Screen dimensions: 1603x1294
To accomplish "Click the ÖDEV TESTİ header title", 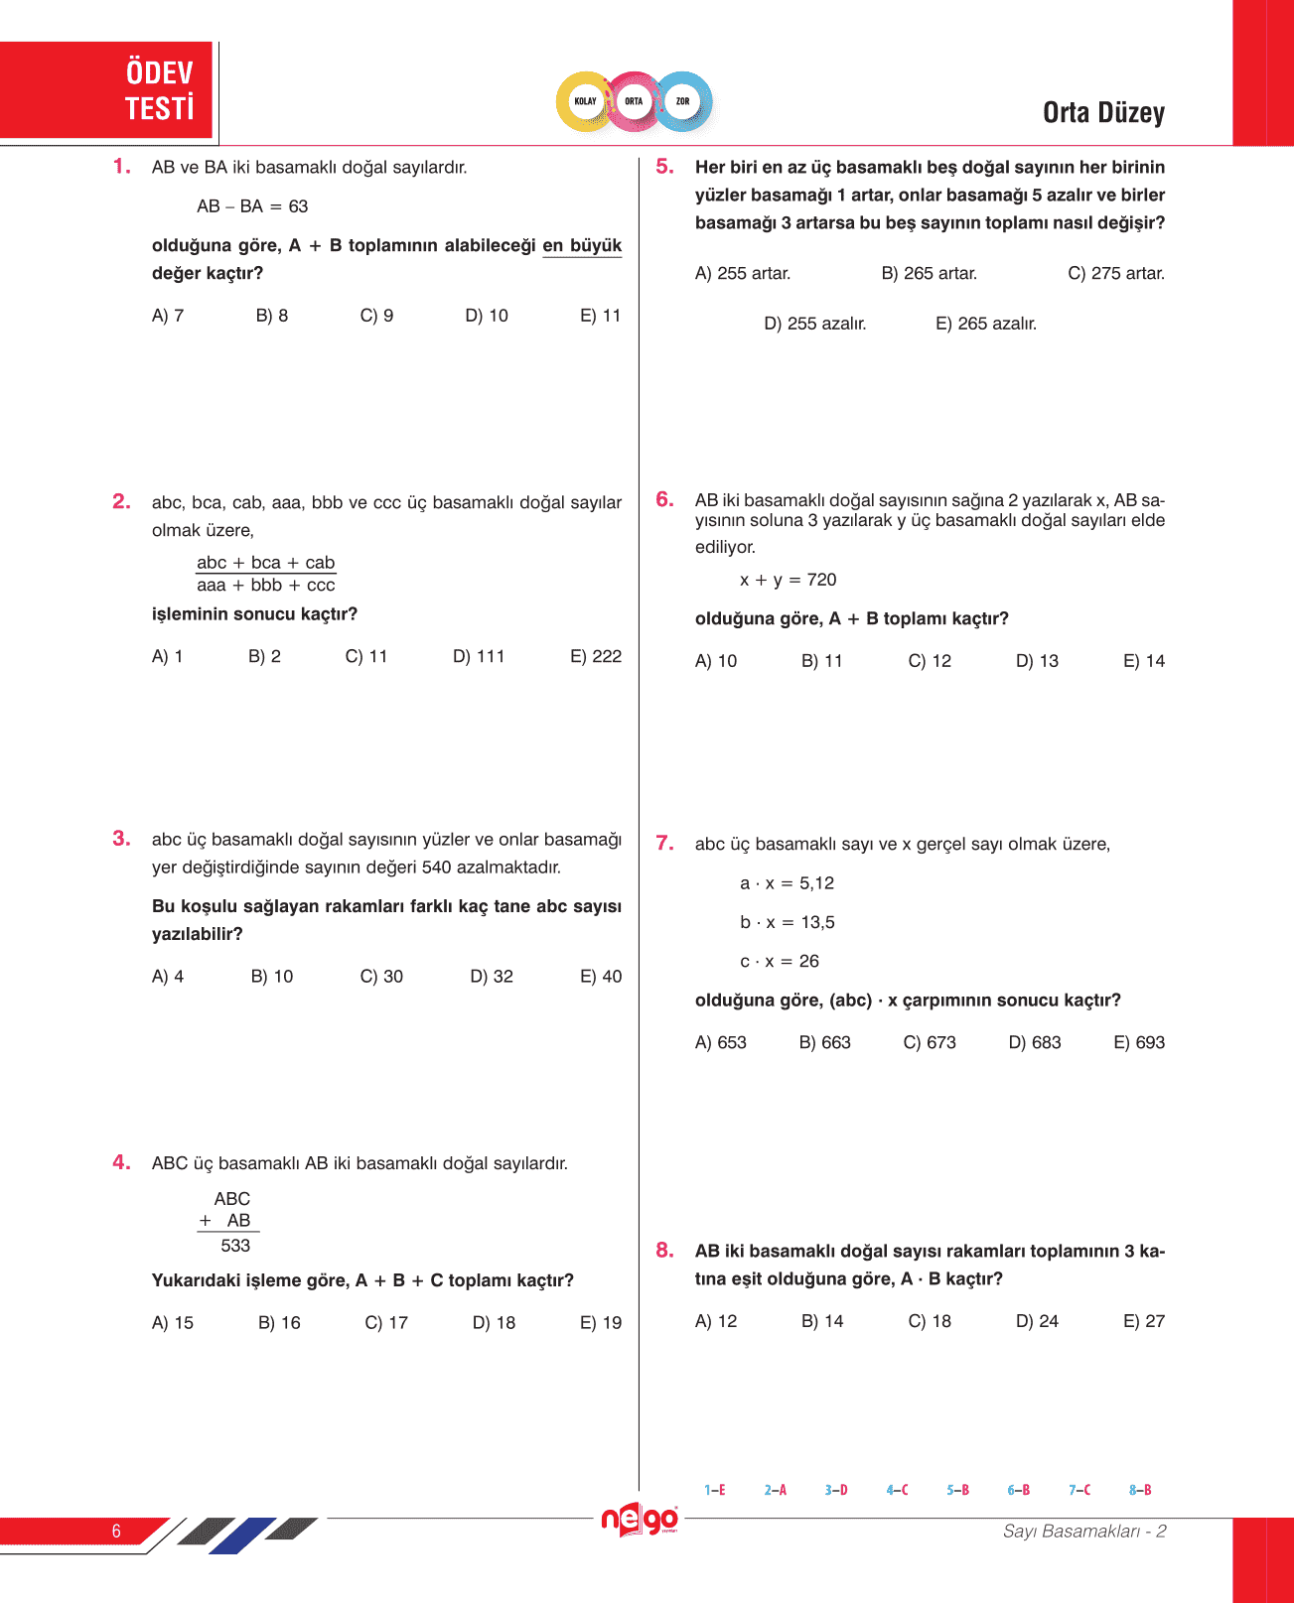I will point(159,90).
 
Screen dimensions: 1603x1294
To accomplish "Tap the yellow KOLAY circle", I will point(586,101).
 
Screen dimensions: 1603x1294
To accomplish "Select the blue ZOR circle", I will point(683,101).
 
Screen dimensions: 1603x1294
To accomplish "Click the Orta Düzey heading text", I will point(1103,113).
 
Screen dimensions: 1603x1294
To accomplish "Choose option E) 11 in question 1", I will point(600,316).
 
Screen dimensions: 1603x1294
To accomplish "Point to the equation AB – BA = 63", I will point(252,206).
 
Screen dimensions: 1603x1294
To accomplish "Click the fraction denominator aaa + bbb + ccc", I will point(266,586).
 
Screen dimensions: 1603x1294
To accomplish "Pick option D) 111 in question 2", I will point(479,656).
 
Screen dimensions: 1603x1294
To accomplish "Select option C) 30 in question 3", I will point(381,977).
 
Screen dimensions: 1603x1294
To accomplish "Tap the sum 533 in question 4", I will point(235,1246).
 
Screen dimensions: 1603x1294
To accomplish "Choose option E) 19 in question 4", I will point(601,1323).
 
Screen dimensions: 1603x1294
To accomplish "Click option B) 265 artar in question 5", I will point(929,273).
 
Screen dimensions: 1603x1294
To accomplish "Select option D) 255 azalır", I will point(814,324).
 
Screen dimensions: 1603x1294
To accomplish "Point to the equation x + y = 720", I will point(788,580).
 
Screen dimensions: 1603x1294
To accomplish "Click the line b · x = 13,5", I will point(787,922).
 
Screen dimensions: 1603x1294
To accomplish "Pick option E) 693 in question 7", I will point(1139,1042).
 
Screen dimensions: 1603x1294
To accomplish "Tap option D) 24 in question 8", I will point(1037,1321).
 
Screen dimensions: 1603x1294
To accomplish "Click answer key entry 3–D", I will point(836,1490).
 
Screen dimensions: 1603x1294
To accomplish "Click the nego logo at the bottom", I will point(641,1520).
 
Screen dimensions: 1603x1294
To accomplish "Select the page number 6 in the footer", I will point(116,1531).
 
